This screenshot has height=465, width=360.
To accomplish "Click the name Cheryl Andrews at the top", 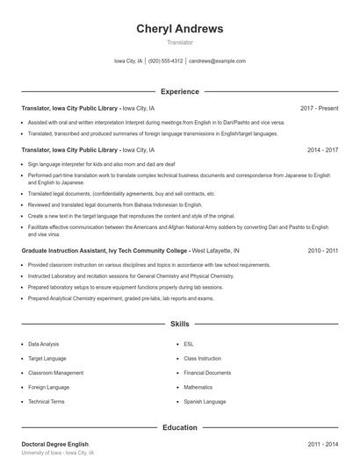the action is coord(179,28).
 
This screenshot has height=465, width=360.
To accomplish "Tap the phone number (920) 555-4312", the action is coord(165,61).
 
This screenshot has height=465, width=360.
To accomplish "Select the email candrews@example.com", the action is coord(217,61).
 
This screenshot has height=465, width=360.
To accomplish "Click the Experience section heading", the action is coord(179,91).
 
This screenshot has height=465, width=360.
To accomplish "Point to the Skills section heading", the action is coord(179,324).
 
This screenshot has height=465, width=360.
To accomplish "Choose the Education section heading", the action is coord(179,427).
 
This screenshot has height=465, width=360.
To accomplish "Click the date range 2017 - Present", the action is coord(319,108).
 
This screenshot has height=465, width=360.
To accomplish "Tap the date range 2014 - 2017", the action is coord(322,150).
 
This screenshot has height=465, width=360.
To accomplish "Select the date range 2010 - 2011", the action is coord(322,250).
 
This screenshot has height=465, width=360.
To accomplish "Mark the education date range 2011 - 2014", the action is coord(322,445).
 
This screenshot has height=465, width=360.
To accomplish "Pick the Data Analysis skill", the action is coord(44,344).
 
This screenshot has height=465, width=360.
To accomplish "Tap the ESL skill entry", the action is coord(188,344).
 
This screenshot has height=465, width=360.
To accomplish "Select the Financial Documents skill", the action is coord(207,372).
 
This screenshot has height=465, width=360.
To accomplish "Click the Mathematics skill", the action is coord(198,386).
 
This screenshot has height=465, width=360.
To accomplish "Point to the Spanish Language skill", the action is coord(205,401).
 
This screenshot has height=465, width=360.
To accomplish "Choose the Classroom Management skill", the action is coord(55,372).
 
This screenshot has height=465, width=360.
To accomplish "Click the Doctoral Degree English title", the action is coord(54,445).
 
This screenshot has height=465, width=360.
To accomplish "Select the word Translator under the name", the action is coord(179,42).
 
